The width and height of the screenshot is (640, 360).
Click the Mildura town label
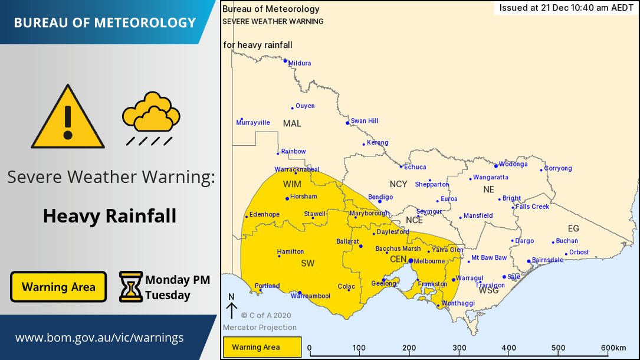(300, 63)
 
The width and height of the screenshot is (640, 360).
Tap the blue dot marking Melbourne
(411, 260)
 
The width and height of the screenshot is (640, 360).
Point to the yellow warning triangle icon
(68, 119)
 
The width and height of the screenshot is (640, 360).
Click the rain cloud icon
(151, 117)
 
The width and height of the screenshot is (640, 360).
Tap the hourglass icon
(130, 287)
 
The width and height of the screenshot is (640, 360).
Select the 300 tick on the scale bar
(460, 348)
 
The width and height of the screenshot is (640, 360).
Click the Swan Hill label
(364, 121)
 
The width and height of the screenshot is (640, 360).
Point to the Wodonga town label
(513, 165)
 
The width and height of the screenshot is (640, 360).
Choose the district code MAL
(292, 123)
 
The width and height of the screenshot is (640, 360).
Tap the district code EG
(573, 228)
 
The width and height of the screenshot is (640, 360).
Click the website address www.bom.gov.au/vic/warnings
(99, 338)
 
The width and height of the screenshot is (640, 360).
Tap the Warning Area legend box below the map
(262, 347)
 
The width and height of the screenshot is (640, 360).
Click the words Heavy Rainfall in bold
(110, 216)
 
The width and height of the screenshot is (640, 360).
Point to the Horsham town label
(304, 197)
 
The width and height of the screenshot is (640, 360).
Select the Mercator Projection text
(260, 328)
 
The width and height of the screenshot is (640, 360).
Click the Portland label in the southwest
(267, 286)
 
